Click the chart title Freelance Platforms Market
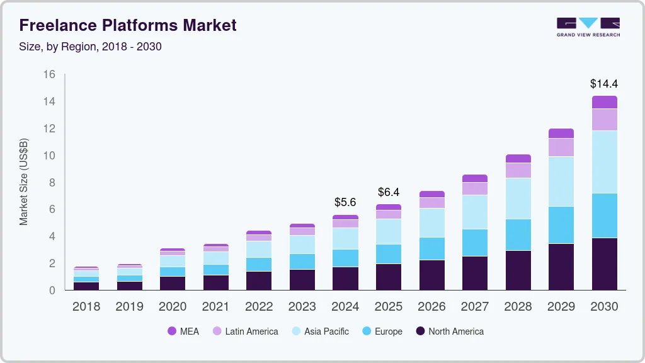coord(128,25)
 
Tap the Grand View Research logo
coord(588,26)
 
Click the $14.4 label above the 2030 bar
coord(603,83)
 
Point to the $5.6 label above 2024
coord(345,202)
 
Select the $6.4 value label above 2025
coord(389,192)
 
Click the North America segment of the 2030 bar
coord(604,263)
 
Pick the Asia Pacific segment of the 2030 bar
coord(604,162)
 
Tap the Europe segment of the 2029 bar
coord(561,225)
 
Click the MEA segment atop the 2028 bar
coord(518,159)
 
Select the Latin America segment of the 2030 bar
coord(604,120)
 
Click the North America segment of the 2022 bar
coord(259,280)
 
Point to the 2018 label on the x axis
coord(86,307)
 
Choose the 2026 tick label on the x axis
coord(431,307)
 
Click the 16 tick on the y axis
coord(49,74)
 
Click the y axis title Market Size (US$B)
coord(24,182)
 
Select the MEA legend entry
coord(183,331)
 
